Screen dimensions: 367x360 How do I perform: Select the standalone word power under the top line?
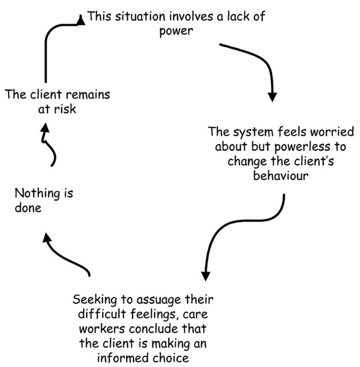[x=175, y=31]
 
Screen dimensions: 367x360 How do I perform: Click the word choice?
[x=176, y=358]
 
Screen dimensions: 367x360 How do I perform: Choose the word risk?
[x=65, y=109]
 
